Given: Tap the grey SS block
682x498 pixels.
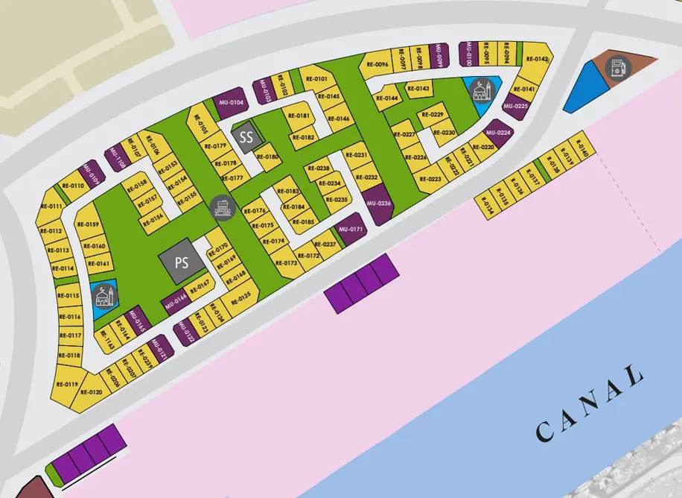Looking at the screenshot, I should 246,136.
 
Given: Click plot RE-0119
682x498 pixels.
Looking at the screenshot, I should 66,385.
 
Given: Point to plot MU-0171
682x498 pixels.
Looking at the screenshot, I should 350,230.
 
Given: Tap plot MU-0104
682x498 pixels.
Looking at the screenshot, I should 232,101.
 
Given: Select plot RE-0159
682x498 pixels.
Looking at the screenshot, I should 88,225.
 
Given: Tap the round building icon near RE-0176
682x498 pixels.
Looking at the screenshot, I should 221,207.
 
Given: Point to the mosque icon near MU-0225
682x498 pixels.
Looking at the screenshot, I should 482,91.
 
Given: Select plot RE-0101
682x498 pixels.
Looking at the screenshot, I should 316,78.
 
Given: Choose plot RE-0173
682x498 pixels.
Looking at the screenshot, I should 286,263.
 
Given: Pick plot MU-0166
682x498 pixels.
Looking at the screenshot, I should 175,301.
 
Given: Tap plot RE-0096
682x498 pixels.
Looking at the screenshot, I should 378,65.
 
